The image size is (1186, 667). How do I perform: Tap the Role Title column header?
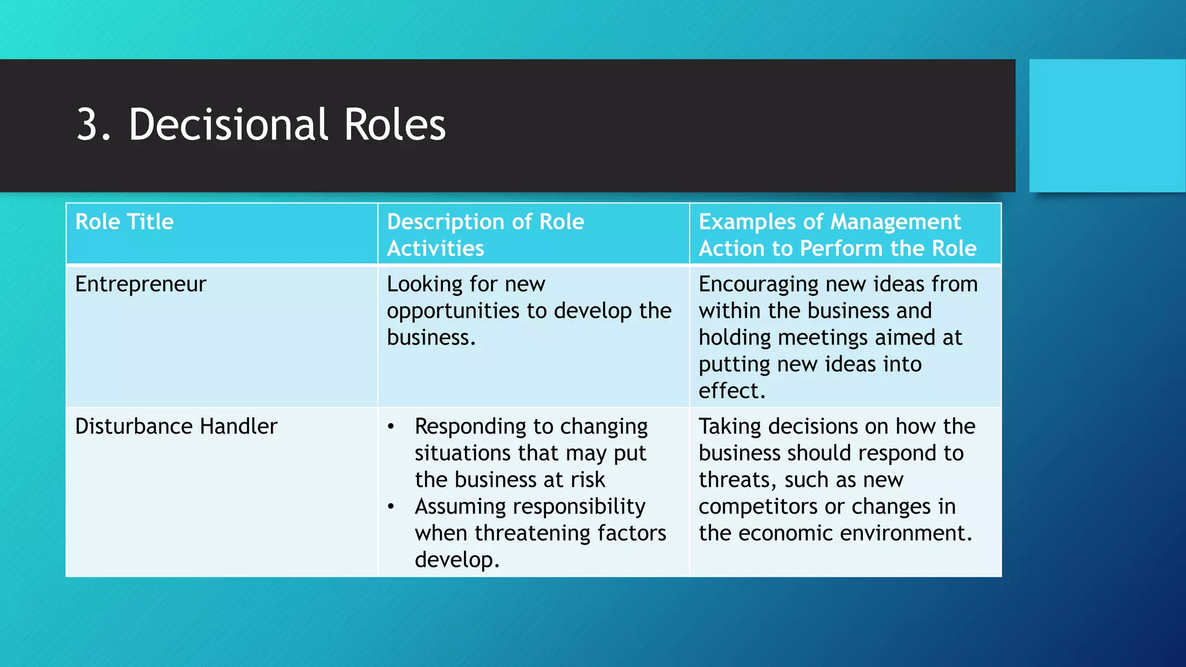tap(125, 222)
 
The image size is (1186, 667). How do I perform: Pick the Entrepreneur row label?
tap(141, 284)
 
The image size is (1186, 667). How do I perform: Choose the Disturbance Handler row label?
tap(176, 427)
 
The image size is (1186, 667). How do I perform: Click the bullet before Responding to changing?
tap(391, 427)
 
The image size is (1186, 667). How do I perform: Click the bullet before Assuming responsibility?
tap(391, 507)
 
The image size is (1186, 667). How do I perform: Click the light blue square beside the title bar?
tap(1107, 126)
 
